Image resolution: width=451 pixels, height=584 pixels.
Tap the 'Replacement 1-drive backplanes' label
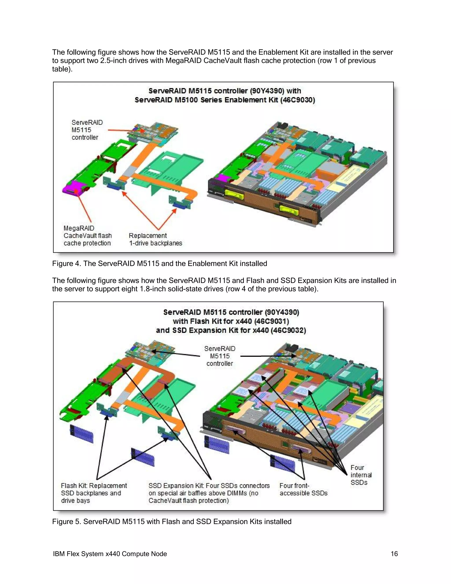click(x=155, y=239)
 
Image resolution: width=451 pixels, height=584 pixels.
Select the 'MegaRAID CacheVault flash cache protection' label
click(x=87, y=236)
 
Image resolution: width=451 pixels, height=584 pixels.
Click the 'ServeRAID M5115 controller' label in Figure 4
click(x=87, y=130)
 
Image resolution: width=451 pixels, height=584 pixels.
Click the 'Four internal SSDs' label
click(x=361, y=475)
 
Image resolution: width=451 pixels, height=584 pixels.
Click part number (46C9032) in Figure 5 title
click(x=288, y=330)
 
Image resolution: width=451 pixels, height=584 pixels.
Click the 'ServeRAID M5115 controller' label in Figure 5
click(x=220, y=356)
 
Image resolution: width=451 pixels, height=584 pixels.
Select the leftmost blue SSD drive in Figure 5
click(x=81, y=433)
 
